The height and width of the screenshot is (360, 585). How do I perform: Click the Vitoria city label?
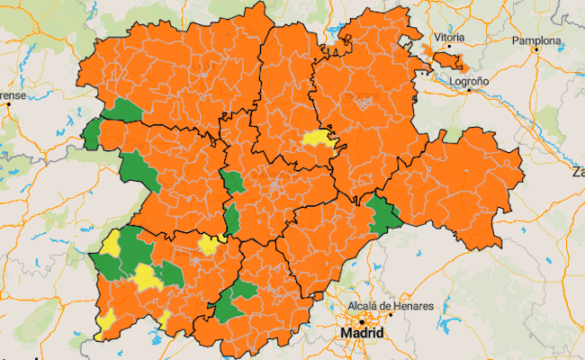click(449, 37)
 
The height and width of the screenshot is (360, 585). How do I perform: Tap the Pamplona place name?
click(536, 41)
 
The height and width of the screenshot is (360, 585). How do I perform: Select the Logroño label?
click(468, 80)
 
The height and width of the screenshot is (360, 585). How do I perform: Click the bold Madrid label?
click(362, 333)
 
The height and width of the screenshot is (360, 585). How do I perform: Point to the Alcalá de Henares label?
click(391, 306)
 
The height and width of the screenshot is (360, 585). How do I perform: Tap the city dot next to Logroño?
click(469, 90)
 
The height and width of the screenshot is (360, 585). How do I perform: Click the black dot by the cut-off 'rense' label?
click(8, 104)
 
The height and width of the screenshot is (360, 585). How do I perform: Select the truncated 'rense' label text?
click(12, 94)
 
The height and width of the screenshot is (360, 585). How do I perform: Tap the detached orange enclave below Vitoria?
click(446, 61)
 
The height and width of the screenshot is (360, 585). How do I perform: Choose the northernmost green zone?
click(124, 111)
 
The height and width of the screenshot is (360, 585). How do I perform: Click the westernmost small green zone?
click(92, 134)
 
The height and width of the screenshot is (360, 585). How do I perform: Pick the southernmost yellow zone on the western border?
click(106, 319)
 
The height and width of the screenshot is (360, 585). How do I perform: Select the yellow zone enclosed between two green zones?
click(146, 276)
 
